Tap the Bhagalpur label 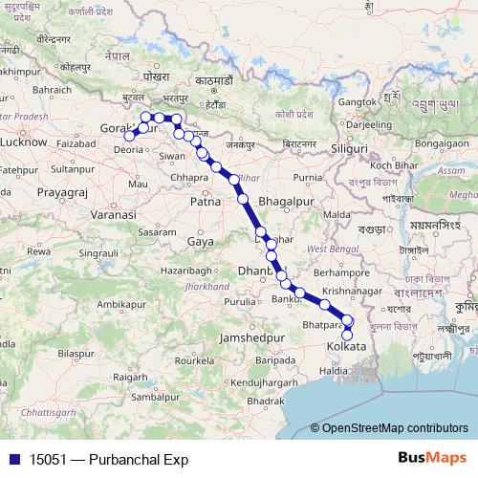pos(283,203)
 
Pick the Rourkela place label pos(192,362)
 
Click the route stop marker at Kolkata pos(347,335)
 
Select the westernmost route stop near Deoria pos(129,136)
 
